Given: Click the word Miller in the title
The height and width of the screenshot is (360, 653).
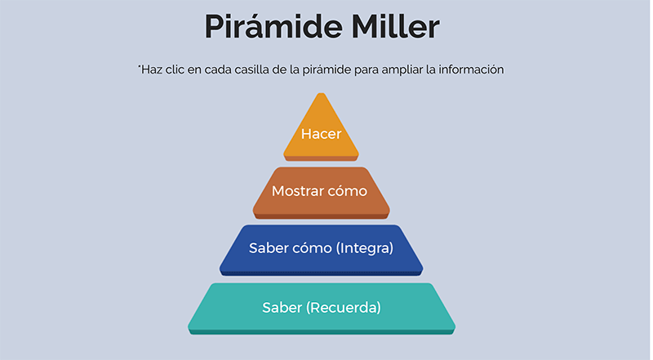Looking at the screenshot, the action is point(396,26).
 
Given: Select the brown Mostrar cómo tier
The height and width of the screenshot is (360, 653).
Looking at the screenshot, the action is point(321,193).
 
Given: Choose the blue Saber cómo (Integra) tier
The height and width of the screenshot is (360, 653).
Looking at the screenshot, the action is point(321,250).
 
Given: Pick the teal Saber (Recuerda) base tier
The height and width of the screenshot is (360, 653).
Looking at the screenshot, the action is point(321,309).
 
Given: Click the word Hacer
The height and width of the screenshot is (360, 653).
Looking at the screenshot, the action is point(321,134).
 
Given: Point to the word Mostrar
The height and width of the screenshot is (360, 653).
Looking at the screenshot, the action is point(297,191).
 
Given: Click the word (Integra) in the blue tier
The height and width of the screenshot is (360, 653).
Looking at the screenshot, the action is point(365,248).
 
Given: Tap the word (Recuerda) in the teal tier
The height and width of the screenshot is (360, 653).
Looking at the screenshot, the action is point(344,308).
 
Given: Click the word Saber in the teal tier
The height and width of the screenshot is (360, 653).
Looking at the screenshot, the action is point(282,308).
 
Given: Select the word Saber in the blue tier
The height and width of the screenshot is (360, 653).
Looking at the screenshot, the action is point(269,248).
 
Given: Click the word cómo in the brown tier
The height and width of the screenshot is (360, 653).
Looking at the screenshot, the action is point(347,191).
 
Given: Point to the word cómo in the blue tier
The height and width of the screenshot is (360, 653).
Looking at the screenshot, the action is point(313,248).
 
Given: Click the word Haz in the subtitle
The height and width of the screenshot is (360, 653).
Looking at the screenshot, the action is point(150,69).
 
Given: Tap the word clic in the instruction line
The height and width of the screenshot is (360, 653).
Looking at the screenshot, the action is point(175,69).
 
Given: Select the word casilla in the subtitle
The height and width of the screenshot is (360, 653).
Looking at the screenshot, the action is point(251,69).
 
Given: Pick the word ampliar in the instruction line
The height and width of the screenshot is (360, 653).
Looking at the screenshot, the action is point(402,69).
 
